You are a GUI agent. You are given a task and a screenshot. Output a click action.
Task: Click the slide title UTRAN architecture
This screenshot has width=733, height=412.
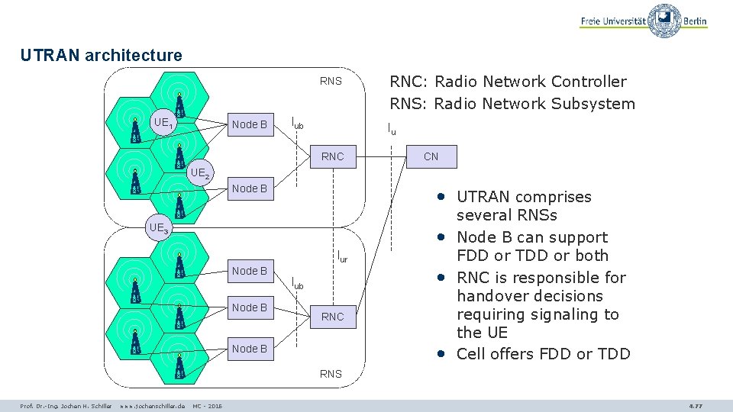point(102,56)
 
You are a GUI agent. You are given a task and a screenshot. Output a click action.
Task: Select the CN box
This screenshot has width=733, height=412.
point(431,156)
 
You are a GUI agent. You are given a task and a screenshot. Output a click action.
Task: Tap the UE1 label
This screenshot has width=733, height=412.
point(163,123)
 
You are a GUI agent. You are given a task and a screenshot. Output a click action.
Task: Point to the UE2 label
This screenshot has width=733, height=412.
point(200,173)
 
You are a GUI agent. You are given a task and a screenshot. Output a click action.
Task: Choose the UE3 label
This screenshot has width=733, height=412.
point(160,227)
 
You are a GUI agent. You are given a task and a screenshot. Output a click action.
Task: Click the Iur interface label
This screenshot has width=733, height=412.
point(342,257)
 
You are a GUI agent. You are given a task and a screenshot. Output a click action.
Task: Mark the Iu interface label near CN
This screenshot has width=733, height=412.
point(392,129)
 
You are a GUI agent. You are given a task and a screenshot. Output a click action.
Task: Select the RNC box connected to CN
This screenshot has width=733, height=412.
point(333,156)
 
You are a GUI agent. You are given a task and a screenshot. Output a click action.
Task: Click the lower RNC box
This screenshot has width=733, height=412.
point(333,316)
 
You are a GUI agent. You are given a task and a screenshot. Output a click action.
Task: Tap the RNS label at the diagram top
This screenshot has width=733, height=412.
point(331,82)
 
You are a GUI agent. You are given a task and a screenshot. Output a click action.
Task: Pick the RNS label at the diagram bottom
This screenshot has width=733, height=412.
point(331,374)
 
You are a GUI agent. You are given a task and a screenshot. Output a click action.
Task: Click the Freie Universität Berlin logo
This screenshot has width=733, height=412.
point(643,21)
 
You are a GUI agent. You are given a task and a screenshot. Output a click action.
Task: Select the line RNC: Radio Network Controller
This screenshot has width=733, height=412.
point(508,82)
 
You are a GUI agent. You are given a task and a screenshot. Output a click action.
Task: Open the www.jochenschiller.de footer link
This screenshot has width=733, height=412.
point(153,406)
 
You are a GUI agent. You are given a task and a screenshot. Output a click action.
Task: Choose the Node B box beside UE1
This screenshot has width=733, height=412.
point(250,124)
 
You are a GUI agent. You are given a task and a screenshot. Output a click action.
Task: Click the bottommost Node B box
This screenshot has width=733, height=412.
point(250,349)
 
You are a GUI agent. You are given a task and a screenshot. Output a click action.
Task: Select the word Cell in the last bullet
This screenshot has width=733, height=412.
point(473,354)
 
